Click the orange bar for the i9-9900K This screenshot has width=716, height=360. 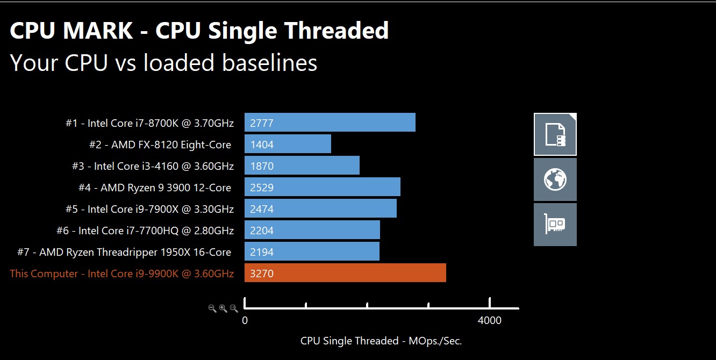click(345, 273)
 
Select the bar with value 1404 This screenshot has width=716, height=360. click(288, 144)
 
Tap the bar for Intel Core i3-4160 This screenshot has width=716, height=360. click(302, 165)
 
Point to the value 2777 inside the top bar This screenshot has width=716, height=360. click(262, 123)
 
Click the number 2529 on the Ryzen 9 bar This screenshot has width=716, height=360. click(262, 188)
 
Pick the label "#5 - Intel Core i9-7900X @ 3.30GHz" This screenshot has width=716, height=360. click(149, 209)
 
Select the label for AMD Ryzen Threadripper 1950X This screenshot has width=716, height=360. click(135, 252)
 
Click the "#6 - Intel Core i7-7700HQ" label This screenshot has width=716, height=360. click(145, 231)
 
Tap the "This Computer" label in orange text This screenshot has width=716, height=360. click(121, 273)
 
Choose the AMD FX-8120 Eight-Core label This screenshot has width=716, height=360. click(160, 145)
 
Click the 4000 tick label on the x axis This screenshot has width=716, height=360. click(489, 321)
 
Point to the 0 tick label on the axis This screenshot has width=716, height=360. click(245, 321)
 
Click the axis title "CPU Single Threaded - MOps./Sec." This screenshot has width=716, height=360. click(381, 341)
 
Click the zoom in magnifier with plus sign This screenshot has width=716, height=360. click(223, 308)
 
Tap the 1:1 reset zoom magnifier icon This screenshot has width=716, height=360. click(234, 308)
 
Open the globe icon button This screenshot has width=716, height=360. click(555, 179)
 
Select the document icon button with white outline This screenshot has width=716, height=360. click(555, 134)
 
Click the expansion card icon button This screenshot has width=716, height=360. click(555, 225)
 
